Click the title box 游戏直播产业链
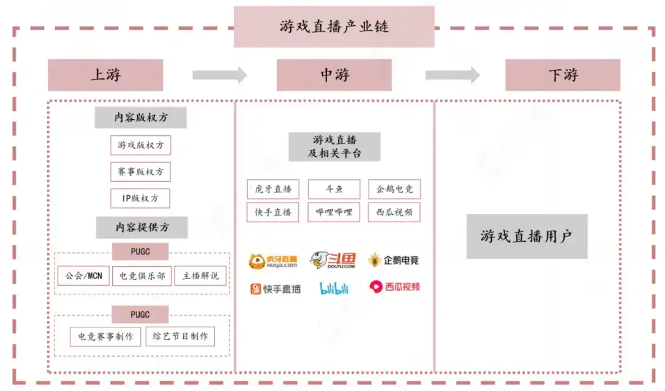coord(334,27)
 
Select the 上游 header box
coord(105,75)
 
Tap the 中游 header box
coord(334,75)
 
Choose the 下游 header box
coord(562,75)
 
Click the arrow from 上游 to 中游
coord(219,75)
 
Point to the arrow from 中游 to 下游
coord(453,75)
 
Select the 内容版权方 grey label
coord(140,117)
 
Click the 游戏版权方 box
coord(140,145)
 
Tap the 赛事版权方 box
coord(140,172)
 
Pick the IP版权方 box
coord(140,198)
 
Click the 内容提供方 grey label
coord(141,227)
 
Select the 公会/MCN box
coord(83,275)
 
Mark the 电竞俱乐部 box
coord(142,275)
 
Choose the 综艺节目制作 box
coord(180,336)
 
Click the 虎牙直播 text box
coord(273,189)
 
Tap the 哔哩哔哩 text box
coord(334,212)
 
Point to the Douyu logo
coord(332,260)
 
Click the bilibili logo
coord(334,288)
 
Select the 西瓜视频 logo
coord(394,286)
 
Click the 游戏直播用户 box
coord(527,236)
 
